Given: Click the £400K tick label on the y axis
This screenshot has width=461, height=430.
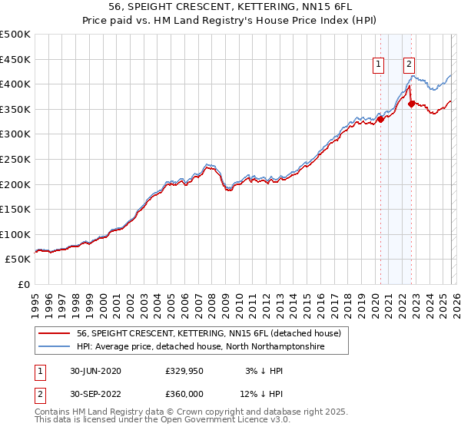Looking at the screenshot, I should point(15,84).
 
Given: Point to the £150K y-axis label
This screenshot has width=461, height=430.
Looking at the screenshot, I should point(15,209).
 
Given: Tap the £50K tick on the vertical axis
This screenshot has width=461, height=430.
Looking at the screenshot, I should point(18,260).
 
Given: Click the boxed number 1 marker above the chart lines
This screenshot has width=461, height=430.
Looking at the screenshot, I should point(380,65).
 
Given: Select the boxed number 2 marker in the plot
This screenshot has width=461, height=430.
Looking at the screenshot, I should point(410,65).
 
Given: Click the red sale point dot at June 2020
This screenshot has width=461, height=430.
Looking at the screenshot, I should point(380,119).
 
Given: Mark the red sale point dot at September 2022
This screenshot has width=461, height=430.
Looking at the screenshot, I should point(411,104).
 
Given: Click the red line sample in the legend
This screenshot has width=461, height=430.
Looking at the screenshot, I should point(55,333).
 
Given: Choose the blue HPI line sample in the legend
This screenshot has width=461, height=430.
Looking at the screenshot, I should point(55,347).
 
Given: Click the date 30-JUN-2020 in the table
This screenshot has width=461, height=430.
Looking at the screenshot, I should point(95,371).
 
